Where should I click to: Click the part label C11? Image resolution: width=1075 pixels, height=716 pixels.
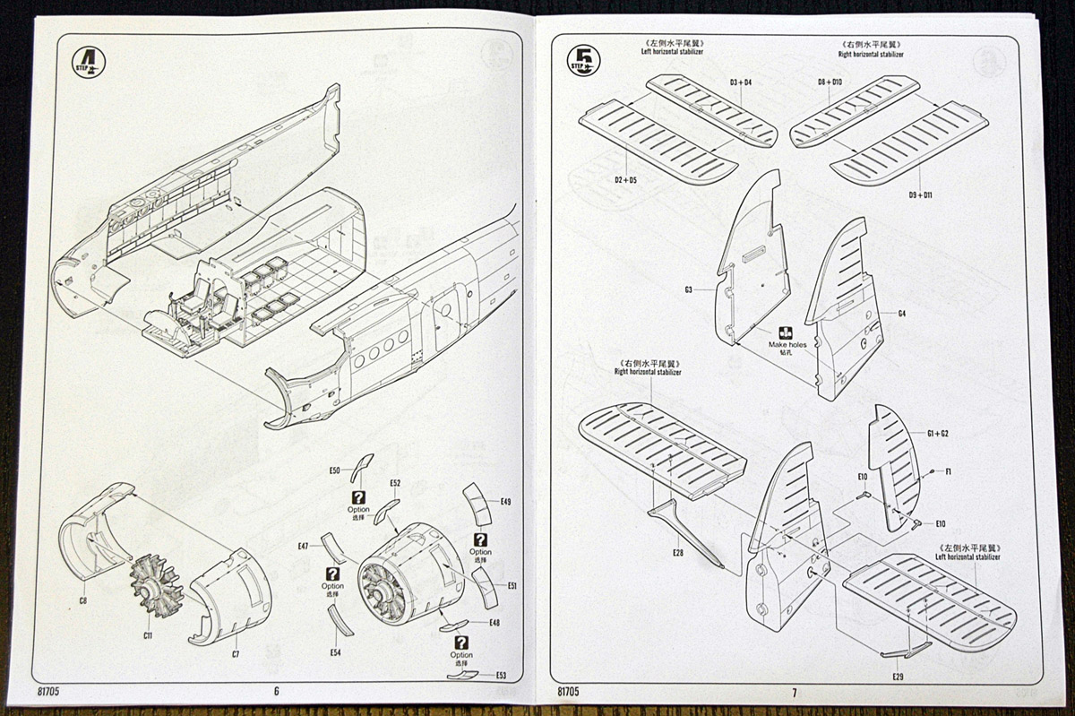coord(148,635)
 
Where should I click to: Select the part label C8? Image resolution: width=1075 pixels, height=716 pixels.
coord(83,600)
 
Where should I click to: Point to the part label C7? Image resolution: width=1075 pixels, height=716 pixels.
coord(236,654)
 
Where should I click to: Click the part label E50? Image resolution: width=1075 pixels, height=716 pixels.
coord(335,470)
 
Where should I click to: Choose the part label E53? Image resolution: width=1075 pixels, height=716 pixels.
coord(501,675)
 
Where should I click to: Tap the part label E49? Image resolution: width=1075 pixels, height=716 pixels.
coord(505,502)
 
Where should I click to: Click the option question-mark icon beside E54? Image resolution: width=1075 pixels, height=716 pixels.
coord(333,574)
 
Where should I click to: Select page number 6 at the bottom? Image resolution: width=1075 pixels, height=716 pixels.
coord(276,691)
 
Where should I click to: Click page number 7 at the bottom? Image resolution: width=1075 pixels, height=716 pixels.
coord(794,692)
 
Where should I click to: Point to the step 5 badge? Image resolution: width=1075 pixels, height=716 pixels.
coord(585,59)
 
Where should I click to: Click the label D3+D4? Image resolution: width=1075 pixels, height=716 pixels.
coord(740,83)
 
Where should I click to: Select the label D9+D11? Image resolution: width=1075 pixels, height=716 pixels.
coord(920,194)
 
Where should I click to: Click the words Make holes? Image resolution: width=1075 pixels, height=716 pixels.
coord(787,344)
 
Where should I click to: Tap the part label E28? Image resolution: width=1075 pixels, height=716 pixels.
coord(678,552)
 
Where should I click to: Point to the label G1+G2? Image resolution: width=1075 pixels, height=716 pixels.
coord(938,434)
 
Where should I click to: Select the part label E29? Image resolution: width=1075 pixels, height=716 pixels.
coord(898,675)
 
